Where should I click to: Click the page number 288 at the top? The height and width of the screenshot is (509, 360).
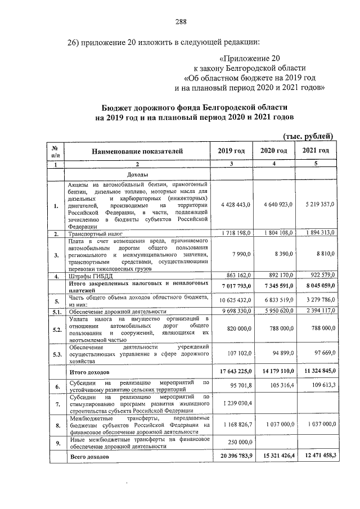(180, 22)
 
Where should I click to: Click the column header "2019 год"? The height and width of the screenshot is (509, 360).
(231, 151)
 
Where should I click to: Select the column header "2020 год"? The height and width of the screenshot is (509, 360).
(274, 151)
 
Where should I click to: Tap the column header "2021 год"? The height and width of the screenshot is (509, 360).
(316, 151)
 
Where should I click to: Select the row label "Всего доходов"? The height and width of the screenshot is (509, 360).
(88, 458)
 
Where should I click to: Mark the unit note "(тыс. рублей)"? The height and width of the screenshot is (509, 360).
(308, 136)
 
